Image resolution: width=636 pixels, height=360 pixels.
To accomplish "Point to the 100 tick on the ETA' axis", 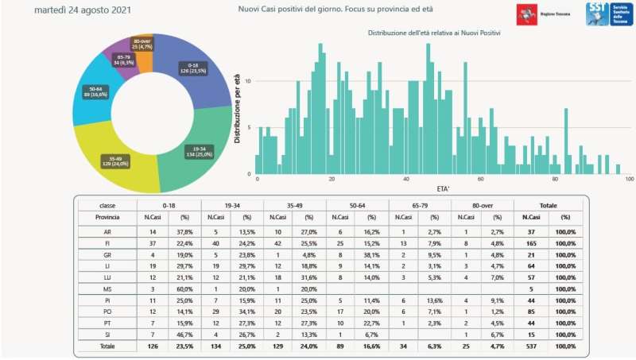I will click(x=628, y=180).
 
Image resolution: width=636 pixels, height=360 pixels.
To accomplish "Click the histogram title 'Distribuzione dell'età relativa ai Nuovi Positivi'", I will click(x=439, y=33).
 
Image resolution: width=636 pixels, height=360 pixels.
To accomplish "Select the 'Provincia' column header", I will click(x=107, y=216).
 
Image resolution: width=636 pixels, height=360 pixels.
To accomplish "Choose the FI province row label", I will click(x=107, y=244).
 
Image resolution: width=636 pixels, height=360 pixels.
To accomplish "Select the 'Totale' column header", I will click(x=549, y=204).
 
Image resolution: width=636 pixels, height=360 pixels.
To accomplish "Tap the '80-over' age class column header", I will click(x=482, y=204).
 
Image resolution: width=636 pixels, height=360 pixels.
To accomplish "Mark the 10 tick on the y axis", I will click(x=249, y=81).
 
